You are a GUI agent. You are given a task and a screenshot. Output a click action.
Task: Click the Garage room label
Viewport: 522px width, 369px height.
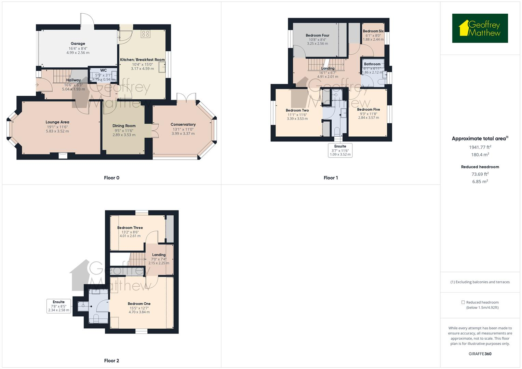click(78, 44)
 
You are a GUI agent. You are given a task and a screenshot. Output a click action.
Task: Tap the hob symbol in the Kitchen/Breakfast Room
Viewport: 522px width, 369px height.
click(146, 34)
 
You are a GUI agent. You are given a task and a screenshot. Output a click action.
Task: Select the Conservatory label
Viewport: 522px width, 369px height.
click(183, 124)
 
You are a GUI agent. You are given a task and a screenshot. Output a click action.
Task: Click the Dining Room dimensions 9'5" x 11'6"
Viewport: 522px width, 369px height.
click(124, 131)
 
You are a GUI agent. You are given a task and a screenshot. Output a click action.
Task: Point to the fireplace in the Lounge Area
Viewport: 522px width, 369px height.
click(63, 155)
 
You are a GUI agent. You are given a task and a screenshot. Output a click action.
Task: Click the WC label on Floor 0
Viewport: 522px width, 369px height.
click(103, 70)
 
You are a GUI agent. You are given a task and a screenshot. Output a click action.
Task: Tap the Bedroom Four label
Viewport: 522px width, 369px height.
click(317, 35)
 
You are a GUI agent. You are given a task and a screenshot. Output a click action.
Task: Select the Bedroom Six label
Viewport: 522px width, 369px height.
click(373, 31)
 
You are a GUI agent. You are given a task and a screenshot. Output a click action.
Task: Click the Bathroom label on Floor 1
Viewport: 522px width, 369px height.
click(372, 64)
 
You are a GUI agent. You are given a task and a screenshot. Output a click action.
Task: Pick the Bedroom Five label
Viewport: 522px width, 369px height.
click(368, 110)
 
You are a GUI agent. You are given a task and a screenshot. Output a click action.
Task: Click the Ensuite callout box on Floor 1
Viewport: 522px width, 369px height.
click(340, 150)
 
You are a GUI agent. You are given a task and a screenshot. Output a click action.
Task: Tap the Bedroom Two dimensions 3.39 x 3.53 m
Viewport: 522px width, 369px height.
click(297, 119)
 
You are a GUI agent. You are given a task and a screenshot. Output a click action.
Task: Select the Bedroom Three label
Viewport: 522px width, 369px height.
click(130, 228)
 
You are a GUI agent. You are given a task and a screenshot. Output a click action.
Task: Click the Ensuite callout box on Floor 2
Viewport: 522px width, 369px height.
click(59, 306)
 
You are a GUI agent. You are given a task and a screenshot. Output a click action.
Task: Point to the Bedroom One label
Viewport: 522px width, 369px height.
click(139, 304)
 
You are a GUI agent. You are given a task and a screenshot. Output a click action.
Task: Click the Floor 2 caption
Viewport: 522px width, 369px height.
click(111, 360)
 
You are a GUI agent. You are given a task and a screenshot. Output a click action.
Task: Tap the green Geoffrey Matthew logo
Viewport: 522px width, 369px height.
click(480, 28)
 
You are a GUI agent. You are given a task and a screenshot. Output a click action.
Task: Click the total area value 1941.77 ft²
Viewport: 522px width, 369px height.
click(480, 147)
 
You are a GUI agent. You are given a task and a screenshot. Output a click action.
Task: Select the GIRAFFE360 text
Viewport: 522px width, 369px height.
click(480, 354)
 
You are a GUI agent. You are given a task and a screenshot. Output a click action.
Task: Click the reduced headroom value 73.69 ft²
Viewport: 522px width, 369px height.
click(480, 174)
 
